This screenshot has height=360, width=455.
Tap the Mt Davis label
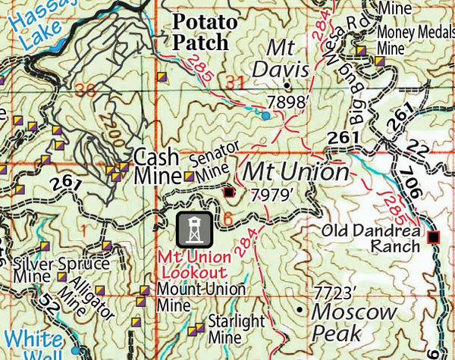point(288,59)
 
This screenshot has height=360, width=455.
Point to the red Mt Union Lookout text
point(193,263)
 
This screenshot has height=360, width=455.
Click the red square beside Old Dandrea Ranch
point(434,238)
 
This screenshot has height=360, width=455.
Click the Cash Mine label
point(156,167)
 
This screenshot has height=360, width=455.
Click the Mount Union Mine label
point(199,298)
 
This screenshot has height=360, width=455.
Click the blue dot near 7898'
point(265,116)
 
